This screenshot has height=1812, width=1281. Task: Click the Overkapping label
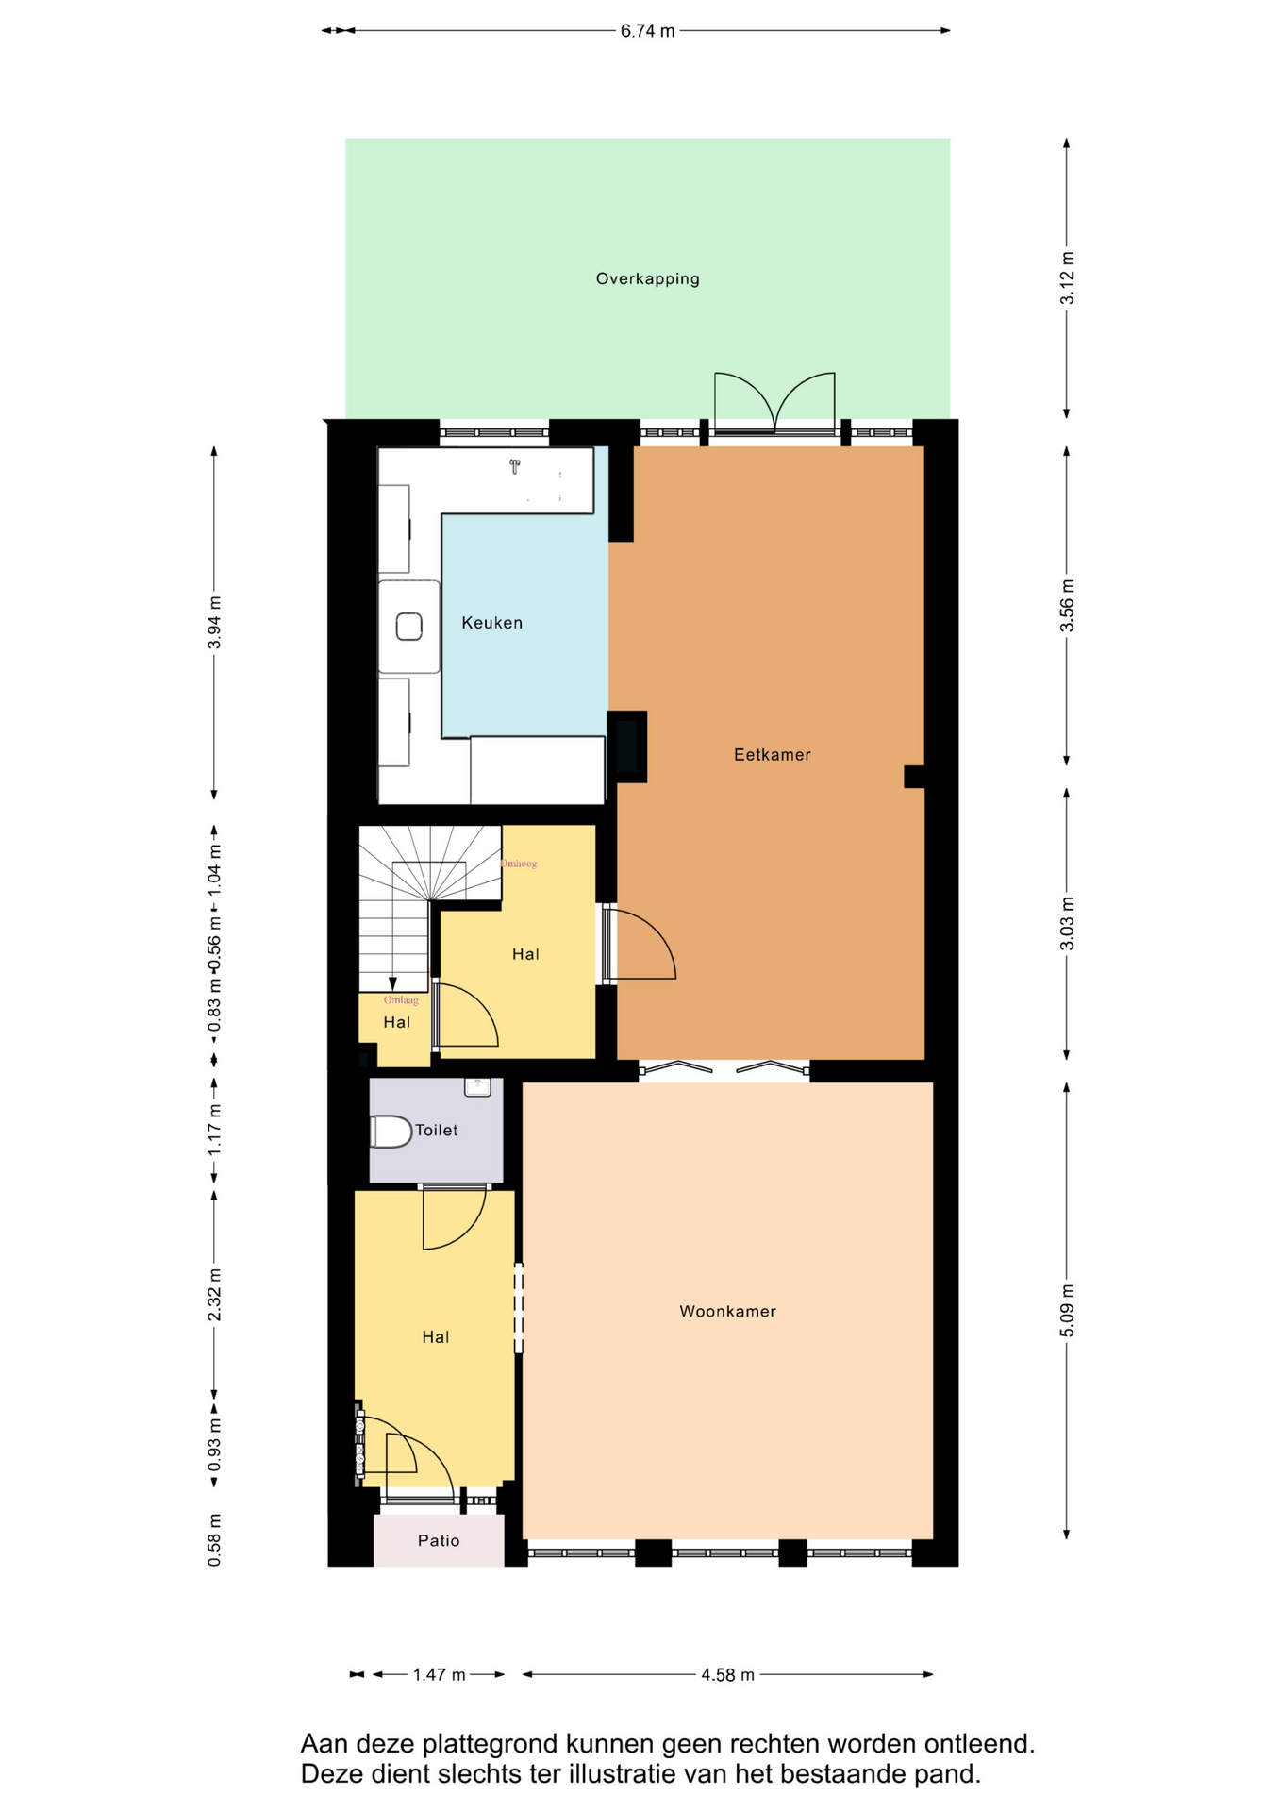coord(647,278)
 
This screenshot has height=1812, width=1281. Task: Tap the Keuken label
coord(491,623)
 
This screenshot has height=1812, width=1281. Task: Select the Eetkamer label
coord(773,754)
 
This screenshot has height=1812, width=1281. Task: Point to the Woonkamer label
coord(727,1311)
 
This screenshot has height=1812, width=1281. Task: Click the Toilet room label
coord(437,1130)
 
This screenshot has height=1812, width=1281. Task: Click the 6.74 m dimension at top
coord(647,31)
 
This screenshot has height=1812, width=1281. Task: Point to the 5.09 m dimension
coord(1067,1311)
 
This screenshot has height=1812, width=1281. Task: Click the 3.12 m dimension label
coord(1067,278)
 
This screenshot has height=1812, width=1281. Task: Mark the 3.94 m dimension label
coord(215,623)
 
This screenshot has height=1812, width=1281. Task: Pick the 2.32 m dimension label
coord(215,1294)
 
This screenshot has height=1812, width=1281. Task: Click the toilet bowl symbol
coord(391,1132)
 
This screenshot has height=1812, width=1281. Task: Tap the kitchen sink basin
coord(408,627)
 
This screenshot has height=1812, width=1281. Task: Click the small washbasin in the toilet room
coord(477,1087)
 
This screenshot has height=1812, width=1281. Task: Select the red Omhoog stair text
coord(518,864)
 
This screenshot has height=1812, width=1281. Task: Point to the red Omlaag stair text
coord(401,1000)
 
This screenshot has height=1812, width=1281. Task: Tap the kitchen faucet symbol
coord(514,466)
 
